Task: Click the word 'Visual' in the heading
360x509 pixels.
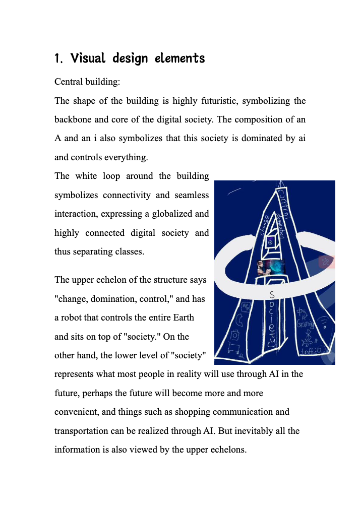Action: click(88, 58)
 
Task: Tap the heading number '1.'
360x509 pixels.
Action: click(58, 58)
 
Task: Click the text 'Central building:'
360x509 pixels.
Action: click(87, 82)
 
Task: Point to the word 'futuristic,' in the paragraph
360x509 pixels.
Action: click(213, 101)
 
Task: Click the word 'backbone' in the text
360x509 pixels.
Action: click(72, 120)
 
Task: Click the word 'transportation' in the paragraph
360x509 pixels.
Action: click(83, 430)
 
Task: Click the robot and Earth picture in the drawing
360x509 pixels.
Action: click(270, 267)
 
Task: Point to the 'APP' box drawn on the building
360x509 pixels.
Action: click(247, 306)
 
